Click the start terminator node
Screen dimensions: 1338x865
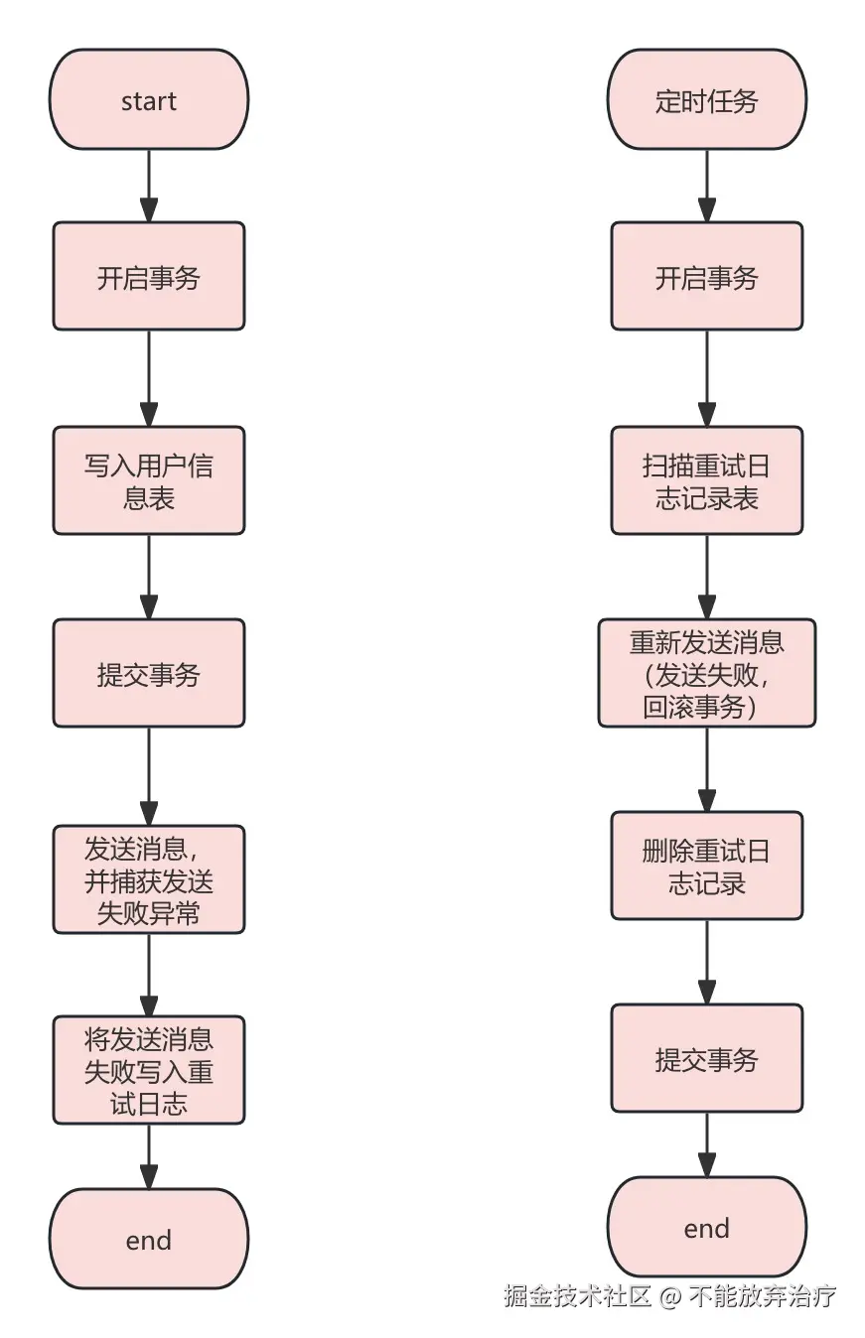(x=149, y=100)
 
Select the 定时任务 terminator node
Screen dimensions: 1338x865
(x=706, y=100)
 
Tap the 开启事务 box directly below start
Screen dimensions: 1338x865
(x=149, y=276)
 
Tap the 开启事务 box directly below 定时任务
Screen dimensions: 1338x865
(x=706, y=276)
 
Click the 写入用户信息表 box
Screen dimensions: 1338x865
(x=149, y=481)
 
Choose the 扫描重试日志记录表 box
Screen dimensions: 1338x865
(x=706, y=481)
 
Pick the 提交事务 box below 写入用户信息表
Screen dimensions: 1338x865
(x=149, y=674)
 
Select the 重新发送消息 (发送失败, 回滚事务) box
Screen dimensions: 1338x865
(x=706, y=674)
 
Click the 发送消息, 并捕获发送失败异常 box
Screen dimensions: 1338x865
(x=149, y=879)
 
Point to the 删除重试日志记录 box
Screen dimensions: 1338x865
(x=706, y=866)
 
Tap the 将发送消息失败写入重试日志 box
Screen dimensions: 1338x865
(x=149, y=1070)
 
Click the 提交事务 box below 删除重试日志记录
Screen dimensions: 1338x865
(x=706, y=1058)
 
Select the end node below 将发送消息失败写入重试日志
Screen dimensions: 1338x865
(x=149, y=1239)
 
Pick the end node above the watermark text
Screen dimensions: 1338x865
(x=706, y=1228)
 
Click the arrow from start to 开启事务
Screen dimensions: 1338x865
(x=149, y=186)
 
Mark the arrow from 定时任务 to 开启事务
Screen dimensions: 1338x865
(x=706, y=186)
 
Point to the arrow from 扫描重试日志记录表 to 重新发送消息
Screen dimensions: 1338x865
(x=706, y=577)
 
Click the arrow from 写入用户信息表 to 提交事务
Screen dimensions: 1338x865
(x=149, y=577)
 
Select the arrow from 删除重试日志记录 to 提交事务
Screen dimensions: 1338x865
(x=706, y=962)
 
